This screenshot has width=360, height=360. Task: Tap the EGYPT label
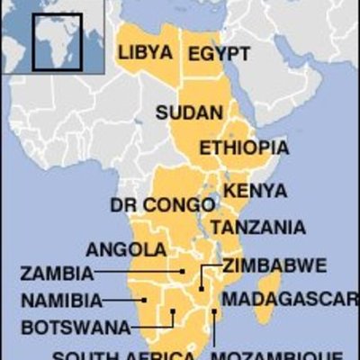[x=219, y=54]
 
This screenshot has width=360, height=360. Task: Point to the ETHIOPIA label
[x=244, y=147]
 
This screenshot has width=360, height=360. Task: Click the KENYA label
[x=255, y=191]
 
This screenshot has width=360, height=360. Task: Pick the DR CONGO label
[x=149, y=206]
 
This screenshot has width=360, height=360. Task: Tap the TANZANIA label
[x=257, y=227]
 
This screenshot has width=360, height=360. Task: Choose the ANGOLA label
[x=126, y=249]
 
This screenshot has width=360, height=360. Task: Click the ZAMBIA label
[x=56, y=273]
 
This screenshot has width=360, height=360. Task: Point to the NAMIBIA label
[x=60, y=300]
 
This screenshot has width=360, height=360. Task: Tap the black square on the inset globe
[x=58, y=40]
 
